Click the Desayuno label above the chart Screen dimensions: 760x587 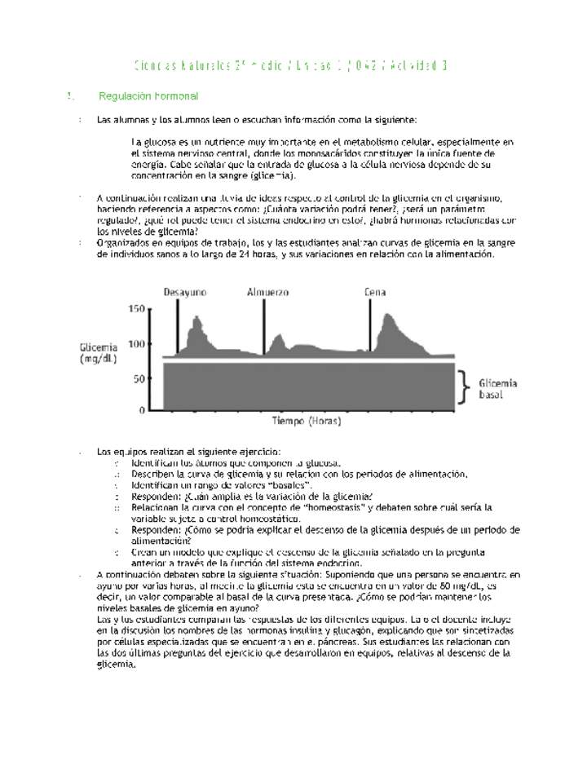[x=185, y=292]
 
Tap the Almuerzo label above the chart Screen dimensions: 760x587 [x=268, y=292]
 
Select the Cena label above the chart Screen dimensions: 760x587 [x=375, y=292]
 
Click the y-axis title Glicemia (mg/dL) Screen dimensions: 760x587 [x=98, y=352]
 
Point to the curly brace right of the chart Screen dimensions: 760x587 [x=465, y=387]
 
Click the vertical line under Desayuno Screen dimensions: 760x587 [x=178, y=326]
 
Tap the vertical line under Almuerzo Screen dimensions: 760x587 [x=264, y=326]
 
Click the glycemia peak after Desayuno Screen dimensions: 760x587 [x=196, y=318]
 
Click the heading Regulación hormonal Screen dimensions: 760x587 [x=148, y=96]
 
